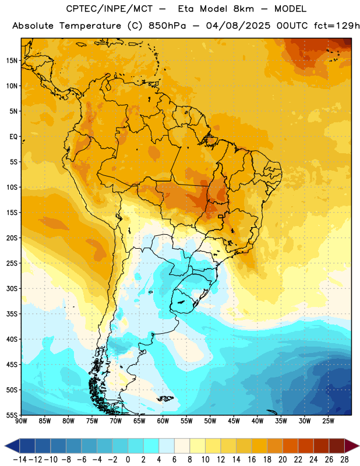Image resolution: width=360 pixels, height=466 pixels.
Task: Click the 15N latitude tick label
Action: click(x=12, y=61)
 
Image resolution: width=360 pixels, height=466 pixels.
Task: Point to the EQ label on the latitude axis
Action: click(x=13, y=137)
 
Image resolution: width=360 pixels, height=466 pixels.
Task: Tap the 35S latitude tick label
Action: click(x=12, y=314)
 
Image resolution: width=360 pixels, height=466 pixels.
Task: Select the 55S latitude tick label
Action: click(x=12, y=415)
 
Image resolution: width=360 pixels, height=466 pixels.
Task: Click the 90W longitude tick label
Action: click(x=21, y=421)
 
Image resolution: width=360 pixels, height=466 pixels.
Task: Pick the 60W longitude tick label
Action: click(x=163, y=421)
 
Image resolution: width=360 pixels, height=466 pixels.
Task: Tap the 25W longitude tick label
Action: click(x=328, y=421)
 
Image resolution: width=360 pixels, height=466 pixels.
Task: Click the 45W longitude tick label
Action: click(x=234, y=421)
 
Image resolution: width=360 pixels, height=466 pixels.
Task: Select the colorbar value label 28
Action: click(x=344, y=460)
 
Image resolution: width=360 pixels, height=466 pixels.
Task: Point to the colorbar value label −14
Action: click(x=20, y=460)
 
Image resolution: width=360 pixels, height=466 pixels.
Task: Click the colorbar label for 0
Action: click(x=128, y=460)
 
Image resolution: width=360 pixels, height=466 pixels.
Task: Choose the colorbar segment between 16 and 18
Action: click(x=259, y=446)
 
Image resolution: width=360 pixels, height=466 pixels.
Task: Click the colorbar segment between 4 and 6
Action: click(x=167, y=446)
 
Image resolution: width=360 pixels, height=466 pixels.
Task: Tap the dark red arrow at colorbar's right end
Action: click(x=352, y=446)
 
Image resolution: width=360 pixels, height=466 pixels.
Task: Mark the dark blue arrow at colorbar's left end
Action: click(x=12, y=446)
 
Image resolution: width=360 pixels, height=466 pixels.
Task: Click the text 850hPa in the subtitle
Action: click(x=167, y=26)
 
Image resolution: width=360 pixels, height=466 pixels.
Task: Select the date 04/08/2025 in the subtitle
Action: click(x=238, y=26)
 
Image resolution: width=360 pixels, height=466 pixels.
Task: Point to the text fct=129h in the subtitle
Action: click(x=337, y=26)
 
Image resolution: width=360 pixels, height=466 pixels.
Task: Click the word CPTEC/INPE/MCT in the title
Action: click(x=109, y=9)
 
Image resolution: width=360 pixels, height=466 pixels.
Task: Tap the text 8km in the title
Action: click(x=243, y=9)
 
